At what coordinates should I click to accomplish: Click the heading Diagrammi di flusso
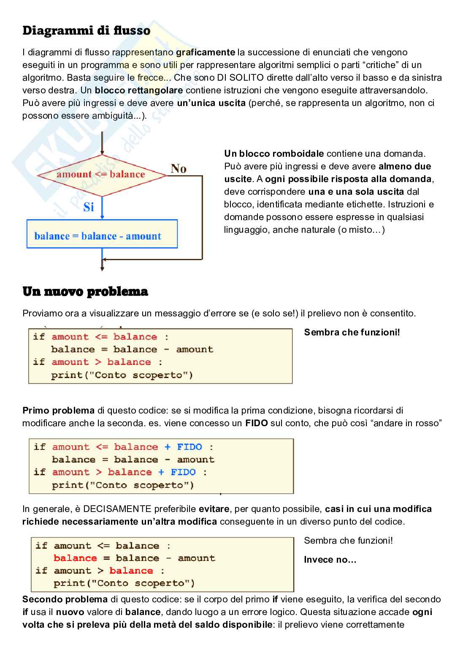86,31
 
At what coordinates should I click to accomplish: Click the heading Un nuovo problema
85,292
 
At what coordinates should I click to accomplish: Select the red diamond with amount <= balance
101,174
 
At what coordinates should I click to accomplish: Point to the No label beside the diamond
179,169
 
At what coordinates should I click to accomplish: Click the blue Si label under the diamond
89,207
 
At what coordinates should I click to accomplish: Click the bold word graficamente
205,52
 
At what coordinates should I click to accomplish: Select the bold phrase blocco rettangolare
139,90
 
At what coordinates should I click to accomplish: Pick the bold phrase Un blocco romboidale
274,154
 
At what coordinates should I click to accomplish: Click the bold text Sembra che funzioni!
352,332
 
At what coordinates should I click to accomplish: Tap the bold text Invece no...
330,560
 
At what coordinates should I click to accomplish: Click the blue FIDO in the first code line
189,447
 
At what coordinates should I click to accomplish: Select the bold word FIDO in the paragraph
257,423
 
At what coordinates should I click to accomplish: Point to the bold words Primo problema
58,411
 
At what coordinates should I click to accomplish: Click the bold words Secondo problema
65,599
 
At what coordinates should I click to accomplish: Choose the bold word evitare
214,509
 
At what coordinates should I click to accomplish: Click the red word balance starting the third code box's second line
75,558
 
